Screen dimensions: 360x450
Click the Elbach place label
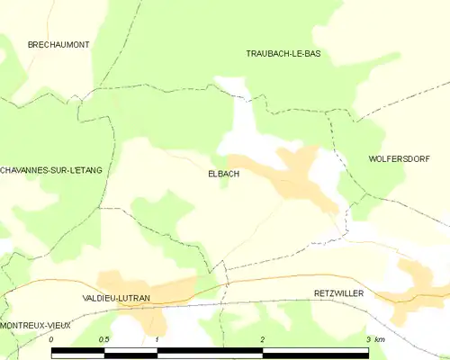(223, 174)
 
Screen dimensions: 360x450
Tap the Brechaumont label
(58, 44)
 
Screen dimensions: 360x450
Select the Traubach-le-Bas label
(283, 54)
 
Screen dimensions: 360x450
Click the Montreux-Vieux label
(36, 323)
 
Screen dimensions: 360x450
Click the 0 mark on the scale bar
(52, 339)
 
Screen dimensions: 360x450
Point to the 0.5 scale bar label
(104, 339)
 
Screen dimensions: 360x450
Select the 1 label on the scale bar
(157, 339)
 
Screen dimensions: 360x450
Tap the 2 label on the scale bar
(262, 339)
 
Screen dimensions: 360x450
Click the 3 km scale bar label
(373, 339)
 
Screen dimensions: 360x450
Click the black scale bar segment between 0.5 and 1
(130, 350)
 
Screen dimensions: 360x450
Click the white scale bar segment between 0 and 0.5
(78, 350)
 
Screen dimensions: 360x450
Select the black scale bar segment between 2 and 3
(314, 350)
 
